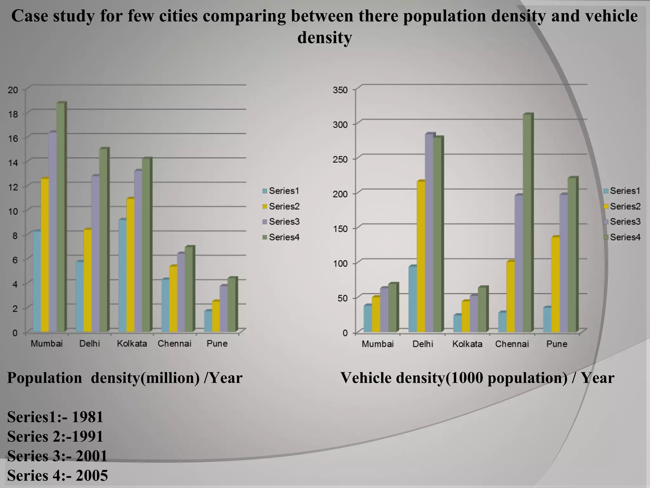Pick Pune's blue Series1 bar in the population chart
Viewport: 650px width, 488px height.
pyautogui.click(x=208, y=322)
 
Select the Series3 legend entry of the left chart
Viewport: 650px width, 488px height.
pyautogui.click(x=281, y=222)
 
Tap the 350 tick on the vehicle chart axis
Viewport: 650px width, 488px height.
pyautogui.click(x=340, y=90)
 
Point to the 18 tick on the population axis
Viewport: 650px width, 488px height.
pyautogui.click(x=13, y=114)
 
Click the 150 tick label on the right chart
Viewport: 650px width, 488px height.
pyautogui.click(x=340, y=229)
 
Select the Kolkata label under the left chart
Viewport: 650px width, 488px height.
pyautogui.click(x=132, y=344)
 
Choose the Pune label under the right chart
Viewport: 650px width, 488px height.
pyautogui.click(x=557, y=344)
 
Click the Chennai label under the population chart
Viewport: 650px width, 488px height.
pyautogui.click(x=174, y=344)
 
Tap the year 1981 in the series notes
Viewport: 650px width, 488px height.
pyautogui.click(x=88, y=417)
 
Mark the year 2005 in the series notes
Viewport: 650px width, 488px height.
pyautogui.click(x=92, y=476)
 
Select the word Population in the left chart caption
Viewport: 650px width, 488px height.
pyautogui.click(x=44, y=378)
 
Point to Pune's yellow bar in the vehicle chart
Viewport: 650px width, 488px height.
pyautogui.click(x=555, y=284)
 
